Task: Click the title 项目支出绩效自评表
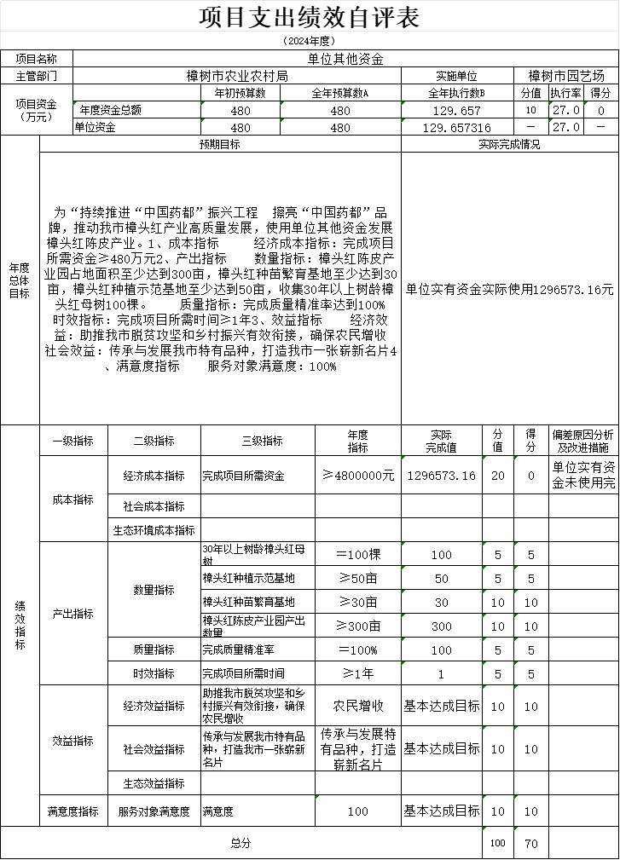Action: click(309, 18)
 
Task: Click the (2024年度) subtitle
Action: click(309, 40)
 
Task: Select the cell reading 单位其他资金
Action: click(345, 59)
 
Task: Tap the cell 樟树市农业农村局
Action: click(237, 76)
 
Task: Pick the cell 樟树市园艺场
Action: click(566, 76)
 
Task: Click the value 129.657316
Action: click(457, 128)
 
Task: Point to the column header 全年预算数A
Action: click(339, 93)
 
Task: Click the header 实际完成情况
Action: click(509, 144)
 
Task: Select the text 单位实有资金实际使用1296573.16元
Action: click(509, 289)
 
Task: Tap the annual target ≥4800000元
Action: click(357, 476)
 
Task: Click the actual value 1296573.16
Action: click(442, 476)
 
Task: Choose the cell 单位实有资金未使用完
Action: click(583, 476)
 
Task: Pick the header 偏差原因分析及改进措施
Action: click(583, 441)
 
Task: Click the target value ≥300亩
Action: click(357, 626)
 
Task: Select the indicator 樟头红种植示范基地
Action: click(249, 578)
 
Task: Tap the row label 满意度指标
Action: click(73, 812)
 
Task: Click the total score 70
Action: click(530, 843)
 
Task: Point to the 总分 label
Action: click(241, 843)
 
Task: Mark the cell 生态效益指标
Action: click(154, 783)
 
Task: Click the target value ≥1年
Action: click(357, 673)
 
